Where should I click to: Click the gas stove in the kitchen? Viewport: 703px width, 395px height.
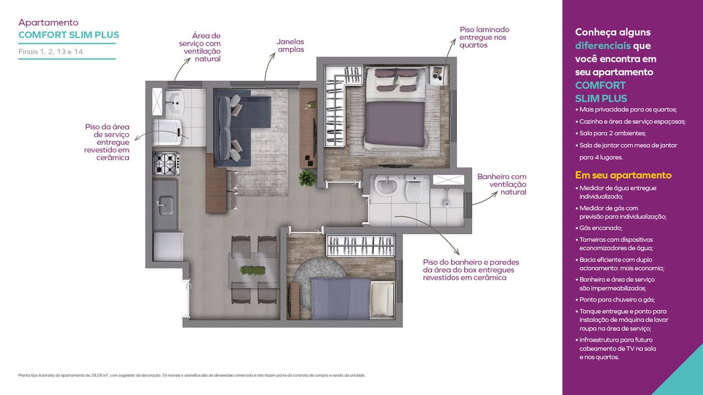[166, 163]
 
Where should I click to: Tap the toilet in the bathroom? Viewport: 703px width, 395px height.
[415, 188]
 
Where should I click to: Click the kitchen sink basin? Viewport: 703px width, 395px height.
[165, 206]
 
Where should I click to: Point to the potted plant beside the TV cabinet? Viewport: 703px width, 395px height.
[308, 178]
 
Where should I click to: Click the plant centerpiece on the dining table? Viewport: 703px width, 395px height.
[252, 270]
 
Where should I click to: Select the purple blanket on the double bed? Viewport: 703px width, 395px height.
[394, 125]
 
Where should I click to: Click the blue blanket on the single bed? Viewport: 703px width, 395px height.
[341, 298]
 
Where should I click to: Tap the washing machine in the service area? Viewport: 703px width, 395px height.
[168, 133]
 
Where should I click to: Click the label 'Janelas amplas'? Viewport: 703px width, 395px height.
[291, 46]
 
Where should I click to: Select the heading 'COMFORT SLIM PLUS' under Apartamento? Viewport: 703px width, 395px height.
[69, 35]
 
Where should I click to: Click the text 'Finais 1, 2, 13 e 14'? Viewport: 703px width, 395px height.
[51, 52]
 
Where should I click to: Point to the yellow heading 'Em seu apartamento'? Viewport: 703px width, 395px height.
[623, 175]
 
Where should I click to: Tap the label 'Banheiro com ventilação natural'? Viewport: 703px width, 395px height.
[501, 184]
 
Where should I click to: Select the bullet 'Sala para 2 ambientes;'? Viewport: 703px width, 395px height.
[610, 133]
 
